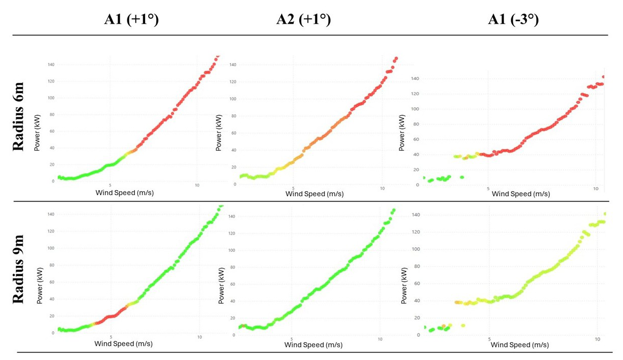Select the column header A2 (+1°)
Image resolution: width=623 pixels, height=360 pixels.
pyautogui.click(x=303, y=20)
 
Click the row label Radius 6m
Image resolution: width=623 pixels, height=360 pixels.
pyautogui.click(x=19, y=118)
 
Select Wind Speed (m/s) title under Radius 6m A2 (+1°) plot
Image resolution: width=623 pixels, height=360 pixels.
pyautogui.click(x=314, y=194)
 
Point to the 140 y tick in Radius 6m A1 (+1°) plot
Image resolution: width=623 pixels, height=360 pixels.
pyautogui.click(x=51, y=65)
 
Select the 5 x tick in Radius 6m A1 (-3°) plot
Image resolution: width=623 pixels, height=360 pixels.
pyautogui.click(x=488, y=189)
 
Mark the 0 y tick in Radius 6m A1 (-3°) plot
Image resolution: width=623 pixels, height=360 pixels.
pyautogui.click(x=418, y=185)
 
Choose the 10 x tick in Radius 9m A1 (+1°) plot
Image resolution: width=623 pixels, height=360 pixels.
pyautogui.click(x=200, y=337)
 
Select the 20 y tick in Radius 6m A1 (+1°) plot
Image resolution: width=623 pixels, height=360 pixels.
pyautogui.click(x=52, y=164)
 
